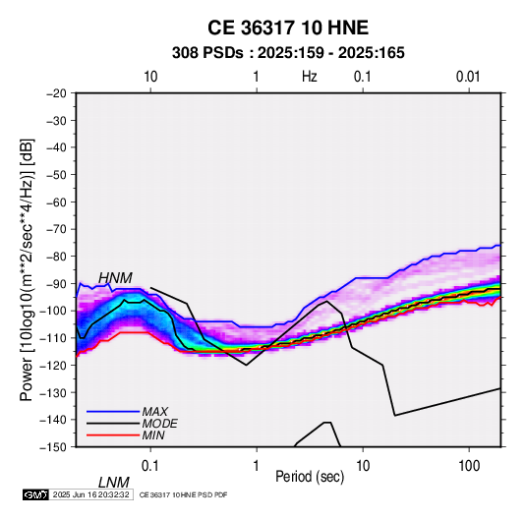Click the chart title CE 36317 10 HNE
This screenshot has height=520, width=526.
tap(288, 28)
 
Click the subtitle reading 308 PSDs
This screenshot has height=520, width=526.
tap(207, 53)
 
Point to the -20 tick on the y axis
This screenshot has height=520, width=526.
tap(57, 93)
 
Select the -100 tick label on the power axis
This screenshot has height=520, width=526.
tap(54, 311)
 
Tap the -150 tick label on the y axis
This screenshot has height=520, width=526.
tap(54, 447)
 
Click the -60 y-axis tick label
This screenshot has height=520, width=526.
tap(57, 202)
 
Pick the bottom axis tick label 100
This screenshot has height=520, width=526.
tap(469, 466)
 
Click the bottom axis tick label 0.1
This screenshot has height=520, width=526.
tap(150, 466)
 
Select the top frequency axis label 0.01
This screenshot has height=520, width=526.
tap(468, 77)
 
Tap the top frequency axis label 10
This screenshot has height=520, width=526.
tap(150, 77)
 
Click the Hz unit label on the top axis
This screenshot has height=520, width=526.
tap(310, 77)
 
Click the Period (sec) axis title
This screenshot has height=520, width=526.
tap(310, 477)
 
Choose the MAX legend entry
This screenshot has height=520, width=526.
tap(154, 412)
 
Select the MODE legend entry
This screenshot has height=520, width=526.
tap(159, 424)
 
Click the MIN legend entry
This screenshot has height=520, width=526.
tap(153, 435)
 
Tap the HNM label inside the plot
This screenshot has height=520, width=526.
tap(115, 278)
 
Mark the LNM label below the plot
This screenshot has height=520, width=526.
tap(113, 483)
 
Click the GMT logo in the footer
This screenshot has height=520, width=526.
tap(36, 494)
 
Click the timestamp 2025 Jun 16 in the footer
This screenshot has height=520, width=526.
tap(70, 494)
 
